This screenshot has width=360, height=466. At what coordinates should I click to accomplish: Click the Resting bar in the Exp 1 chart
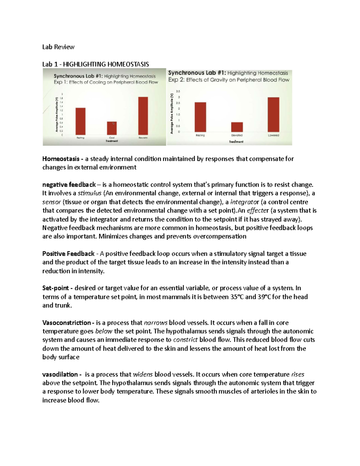click(x=80, y=121)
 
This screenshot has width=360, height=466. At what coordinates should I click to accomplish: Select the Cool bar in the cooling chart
click(x=112, y=128)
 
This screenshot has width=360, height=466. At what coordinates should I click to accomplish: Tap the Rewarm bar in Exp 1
click(x=143, y=116)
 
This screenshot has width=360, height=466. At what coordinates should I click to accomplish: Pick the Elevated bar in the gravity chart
click(x=237, y=127)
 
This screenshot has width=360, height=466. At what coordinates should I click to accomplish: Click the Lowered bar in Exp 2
click(x=273, y=114)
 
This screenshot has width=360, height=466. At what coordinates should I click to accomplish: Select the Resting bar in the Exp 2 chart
click(x=200, y=117)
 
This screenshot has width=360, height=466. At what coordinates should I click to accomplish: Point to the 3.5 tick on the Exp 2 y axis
click(x=178, y=91)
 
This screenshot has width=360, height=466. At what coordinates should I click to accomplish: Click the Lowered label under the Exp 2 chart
click(x=273, y=135)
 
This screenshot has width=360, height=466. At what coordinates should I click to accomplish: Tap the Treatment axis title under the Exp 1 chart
click(x=112, y=141)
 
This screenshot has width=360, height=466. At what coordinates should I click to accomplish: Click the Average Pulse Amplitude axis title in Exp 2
click(x=172, y=114)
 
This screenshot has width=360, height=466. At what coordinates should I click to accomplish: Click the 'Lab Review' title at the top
click(x=58, y=47)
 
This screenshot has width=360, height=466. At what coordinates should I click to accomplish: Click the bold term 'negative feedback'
click(x=69, y=185)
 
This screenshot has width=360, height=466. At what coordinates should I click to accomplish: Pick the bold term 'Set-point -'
click(x=57, y=288)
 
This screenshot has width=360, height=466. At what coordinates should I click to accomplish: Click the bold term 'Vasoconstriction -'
click(x=68, y=323)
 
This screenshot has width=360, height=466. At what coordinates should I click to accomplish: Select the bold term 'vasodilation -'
click(x=62, y=374)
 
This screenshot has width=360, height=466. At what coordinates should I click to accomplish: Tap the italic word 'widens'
click(x=143, y=374)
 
